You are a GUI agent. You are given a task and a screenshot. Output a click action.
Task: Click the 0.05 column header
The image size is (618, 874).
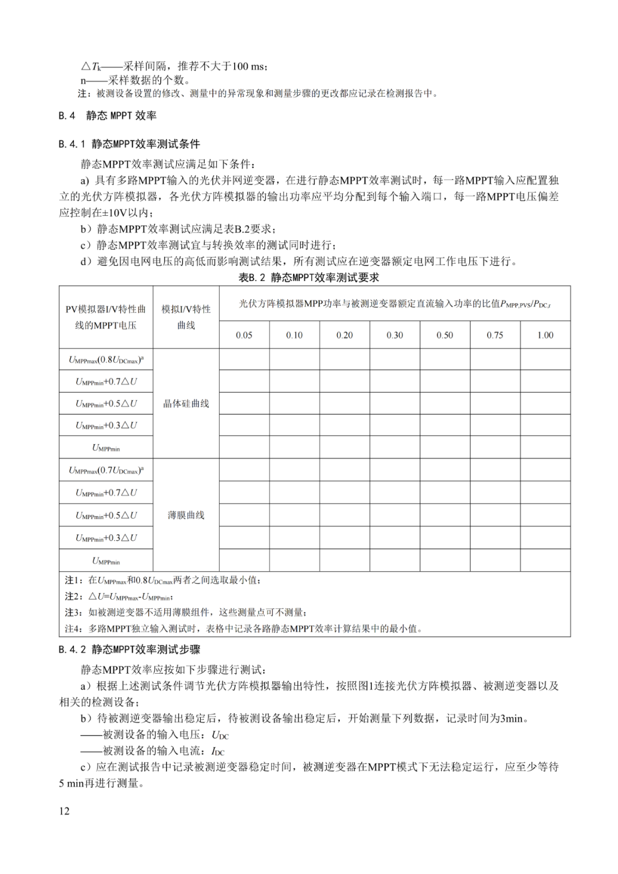pyautogui.click(x=244, y=335)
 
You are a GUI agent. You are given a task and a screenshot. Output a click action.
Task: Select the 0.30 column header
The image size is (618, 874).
pyautogui.click(x=395, y=335)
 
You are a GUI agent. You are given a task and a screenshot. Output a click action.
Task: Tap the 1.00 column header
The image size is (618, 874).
pyautogui.click(x=545, y=335)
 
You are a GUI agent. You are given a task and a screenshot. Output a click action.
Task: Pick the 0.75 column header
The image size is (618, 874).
pyautogui.click(x=495, y=335)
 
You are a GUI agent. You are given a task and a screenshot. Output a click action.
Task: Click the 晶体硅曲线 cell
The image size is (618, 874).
pyautogui.click(x=186, y=404)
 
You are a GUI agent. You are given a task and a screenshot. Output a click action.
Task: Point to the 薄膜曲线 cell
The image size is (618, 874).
pyautogui.click(x=186, y=515)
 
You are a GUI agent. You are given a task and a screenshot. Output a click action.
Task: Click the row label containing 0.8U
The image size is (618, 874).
pyautogui.click(x=106, y=360)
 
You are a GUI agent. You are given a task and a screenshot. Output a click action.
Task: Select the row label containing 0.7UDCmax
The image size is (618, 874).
pyautogui.click(x=106, y=470)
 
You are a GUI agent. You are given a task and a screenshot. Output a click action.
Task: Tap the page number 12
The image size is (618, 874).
pyautogui.click(x=64, y=811)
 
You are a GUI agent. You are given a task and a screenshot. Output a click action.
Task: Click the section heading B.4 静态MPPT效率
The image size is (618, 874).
pyautogui.click(x=108, y=116)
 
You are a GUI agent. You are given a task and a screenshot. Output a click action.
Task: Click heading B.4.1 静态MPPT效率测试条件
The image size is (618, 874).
pyautogui.click(x=129, y=144)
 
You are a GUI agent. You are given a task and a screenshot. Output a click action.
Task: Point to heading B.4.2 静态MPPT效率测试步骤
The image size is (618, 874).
pyautogui.click(x=129, y=650)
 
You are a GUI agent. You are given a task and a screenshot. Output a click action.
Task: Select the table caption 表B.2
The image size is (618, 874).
pyautogui.click(x=309, y=278)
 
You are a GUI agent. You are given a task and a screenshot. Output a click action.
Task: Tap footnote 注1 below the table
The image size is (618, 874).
pyautogui.click(x=163, y=580)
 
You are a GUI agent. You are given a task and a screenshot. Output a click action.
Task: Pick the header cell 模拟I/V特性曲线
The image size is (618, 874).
pyautogui.click(x=186, y=317)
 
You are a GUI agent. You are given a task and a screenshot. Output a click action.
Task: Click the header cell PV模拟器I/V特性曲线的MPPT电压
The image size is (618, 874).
pyautogui.click(x=106, y=317)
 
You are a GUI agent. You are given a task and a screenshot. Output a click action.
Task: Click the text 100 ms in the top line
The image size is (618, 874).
pyautogui.click(x=248, y=66)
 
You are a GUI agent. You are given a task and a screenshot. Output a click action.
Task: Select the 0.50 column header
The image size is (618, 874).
pyautogui.click(x=445, y=335)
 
